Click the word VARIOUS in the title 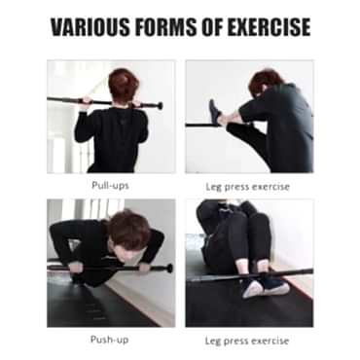point(90,27)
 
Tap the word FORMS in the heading point(166,27)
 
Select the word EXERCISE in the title point(269,27)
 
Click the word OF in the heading point(212,27)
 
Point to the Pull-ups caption point(110,186)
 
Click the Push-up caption point(109,340)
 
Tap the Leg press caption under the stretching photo point(247,187)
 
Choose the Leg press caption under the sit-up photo point(247,341)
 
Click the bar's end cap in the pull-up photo point(160,106)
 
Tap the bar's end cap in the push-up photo point(169,269)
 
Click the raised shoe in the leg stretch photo point(215,112)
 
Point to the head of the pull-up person point(124,86)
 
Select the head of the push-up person point(129,233)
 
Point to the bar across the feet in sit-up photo point(252,275)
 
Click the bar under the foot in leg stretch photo point(201,125)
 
